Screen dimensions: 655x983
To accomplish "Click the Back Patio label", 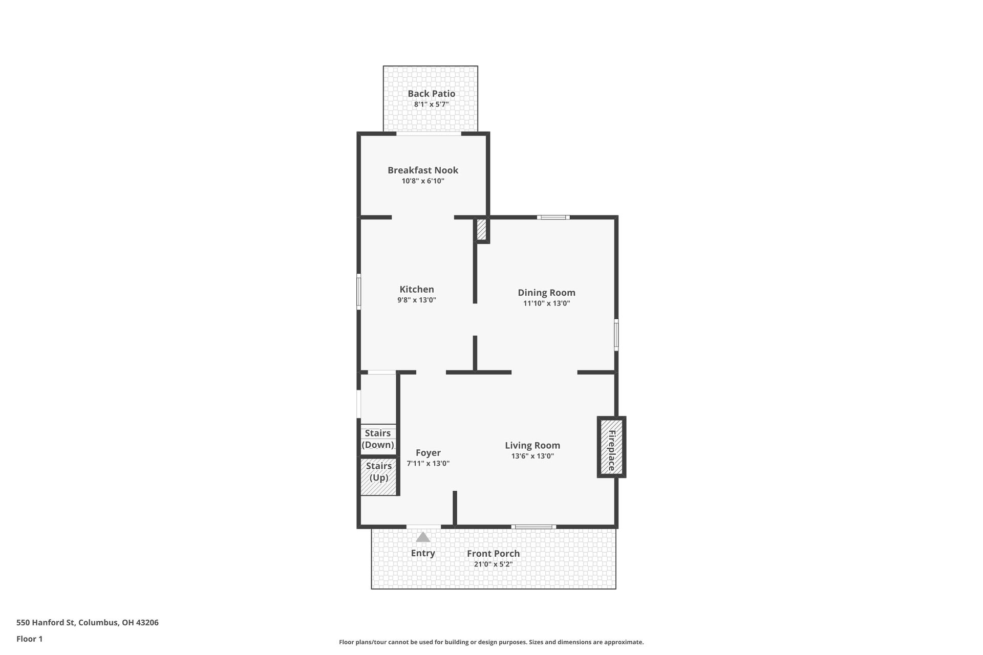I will tap(431, 94).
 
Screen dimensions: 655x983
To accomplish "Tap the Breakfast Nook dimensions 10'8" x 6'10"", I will tap(422, 181).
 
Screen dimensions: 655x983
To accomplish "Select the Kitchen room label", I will tap(417, 290).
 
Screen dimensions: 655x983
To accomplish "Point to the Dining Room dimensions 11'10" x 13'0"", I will tap(546, 303).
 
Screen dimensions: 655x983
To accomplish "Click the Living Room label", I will tap(532, 446).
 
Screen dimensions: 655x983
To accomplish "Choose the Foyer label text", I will tap(428, 453).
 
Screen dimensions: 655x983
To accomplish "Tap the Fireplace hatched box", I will tap(611, 447).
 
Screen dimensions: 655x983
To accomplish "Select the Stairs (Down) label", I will tap(378, 440).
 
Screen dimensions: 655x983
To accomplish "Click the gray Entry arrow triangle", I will tap(422, 537).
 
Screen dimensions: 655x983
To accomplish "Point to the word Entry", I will tap(423, 553).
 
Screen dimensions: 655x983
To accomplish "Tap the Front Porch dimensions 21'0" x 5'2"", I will tap(493, 564).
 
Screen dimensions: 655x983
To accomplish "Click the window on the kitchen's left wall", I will tap(359, 292).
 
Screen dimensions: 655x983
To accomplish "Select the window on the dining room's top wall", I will tap(553, 217).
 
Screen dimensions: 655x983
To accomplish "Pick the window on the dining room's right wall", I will tap(616, 335).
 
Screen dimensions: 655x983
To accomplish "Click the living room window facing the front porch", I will tap(533, 527).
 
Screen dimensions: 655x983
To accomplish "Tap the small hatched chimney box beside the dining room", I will tap(481, 230).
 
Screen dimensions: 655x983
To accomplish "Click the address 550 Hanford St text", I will tap(88, 623).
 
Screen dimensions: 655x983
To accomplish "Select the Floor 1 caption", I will tap(30, 639).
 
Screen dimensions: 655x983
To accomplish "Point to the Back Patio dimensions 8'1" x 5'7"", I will tap(431, 104).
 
